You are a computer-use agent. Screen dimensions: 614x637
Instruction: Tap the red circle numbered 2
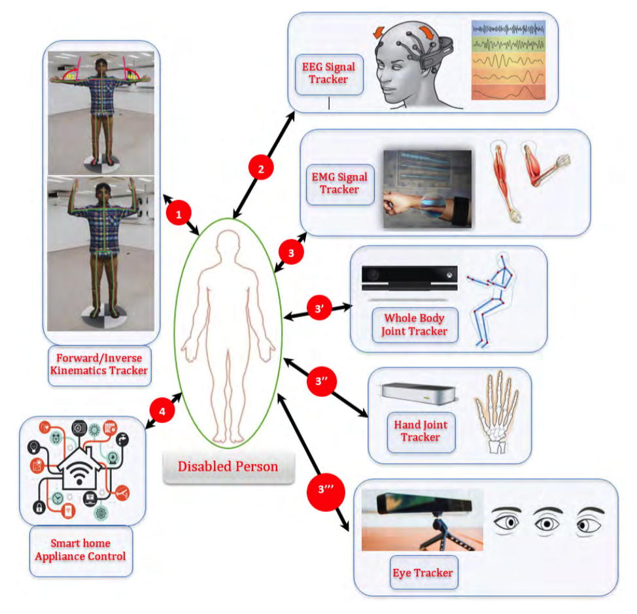[261, 168]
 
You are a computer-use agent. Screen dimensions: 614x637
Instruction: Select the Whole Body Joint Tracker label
[414, 325]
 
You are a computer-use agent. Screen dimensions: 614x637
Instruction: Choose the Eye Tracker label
[423, 573]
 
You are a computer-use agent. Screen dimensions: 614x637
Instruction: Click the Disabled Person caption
[228, 467]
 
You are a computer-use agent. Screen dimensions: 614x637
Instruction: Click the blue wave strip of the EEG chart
[508, 29]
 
